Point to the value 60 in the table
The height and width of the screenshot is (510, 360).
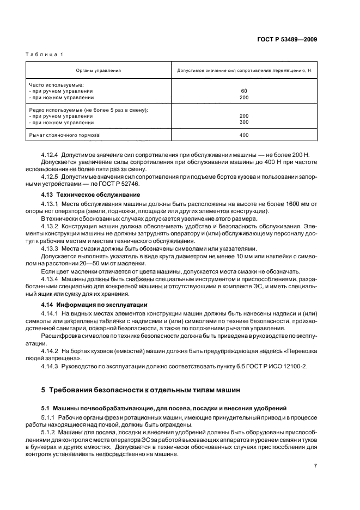pos(243,91)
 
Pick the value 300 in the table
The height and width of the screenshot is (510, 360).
pos(243,122)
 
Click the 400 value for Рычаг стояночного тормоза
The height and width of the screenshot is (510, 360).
pos(243,135)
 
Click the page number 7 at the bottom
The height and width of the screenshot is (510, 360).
pos(315,466)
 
